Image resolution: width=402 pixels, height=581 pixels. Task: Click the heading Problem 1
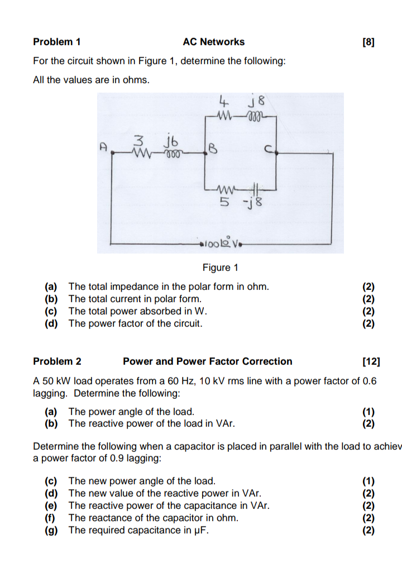pos(57,42)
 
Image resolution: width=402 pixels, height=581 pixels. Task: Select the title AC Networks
pos(213,42)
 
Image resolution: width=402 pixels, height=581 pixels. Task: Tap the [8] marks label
pos(368,42)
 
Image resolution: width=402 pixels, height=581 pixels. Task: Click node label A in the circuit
pos(103,147)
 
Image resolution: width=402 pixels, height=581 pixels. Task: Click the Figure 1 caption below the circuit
pos(217,268)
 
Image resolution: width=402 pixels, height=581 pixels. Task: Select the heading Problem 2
pos(57,361)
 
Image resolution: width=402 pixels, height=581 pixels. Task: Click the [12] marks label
pos(371,361)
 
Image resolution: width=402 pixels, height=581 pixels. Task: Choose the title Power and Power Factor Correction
pos(207,361)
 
